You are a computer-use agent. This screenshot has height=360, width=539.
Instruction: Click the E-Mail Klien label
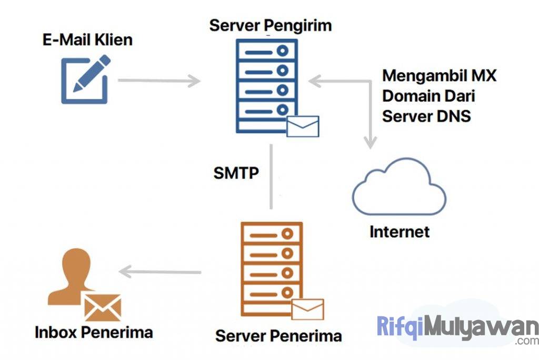point(87,40)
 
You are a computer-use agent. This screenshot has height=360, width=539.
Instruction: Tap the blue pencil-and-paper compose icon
point(85,79)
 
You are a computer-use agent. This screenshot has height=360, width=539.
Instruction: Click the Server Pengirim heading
point(271,25)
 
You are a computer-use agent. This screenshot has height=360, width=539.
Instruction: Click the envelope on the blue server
point(303,126)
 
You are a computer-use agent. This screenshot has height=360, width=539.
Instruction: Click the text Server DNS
point(426,116)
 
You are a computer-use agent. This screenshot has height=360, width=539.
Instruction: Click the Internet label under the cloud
point(400,232)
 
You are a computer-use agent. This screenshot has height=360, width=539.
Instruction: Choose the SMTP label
point(236,173)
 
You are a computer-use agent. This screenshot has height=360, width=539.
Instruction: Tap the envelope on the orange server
point(307,309)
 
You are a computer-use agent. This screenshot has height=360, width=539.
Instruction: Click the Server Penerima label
point(278,336)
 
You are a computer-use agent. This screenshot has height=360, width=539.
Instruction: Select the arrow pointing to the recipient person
point(160,272)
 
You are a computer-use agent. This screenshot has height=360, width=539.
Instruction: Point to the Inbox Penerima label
point(94,333)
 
